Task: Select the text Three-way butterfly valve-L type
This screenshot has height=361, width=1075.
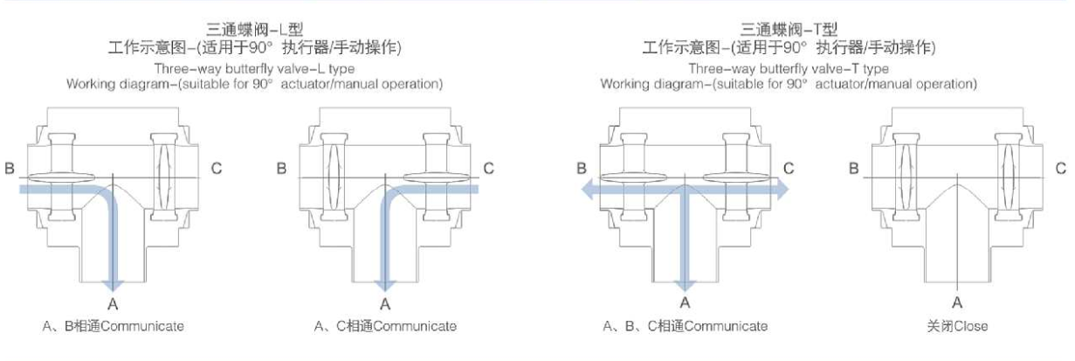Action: coord(254,68)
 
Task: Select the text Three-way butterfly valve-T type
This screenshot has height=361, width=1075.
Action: coord(789,68)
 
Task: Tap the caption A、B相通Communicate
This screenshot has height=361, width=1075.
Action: coord(114,326)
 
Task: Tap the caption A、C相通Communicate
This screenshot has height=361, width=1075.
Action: coord(385,326)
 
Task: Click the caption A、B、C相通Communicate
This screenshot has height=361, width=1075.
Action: coord(686,326)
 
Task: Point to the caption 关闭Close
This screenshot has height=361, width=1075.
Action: coord(958,326)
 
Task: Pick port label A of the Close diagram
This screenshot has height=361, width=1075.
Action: coord(958,303)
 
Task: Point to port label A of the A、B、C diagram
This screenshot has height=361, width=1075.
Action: coord(686,303)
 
